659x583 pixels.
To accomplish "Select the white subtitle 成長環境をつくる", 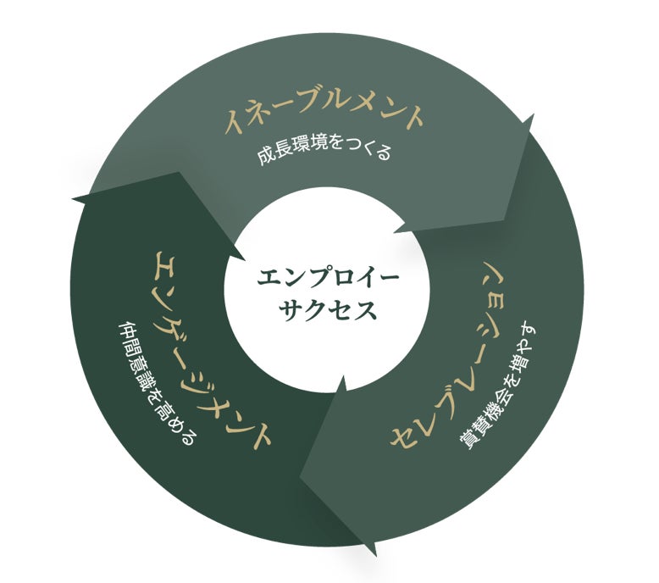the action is (x=325, y=155).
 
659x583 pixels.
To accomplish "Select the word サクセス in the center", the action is (x=327, y=309).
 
